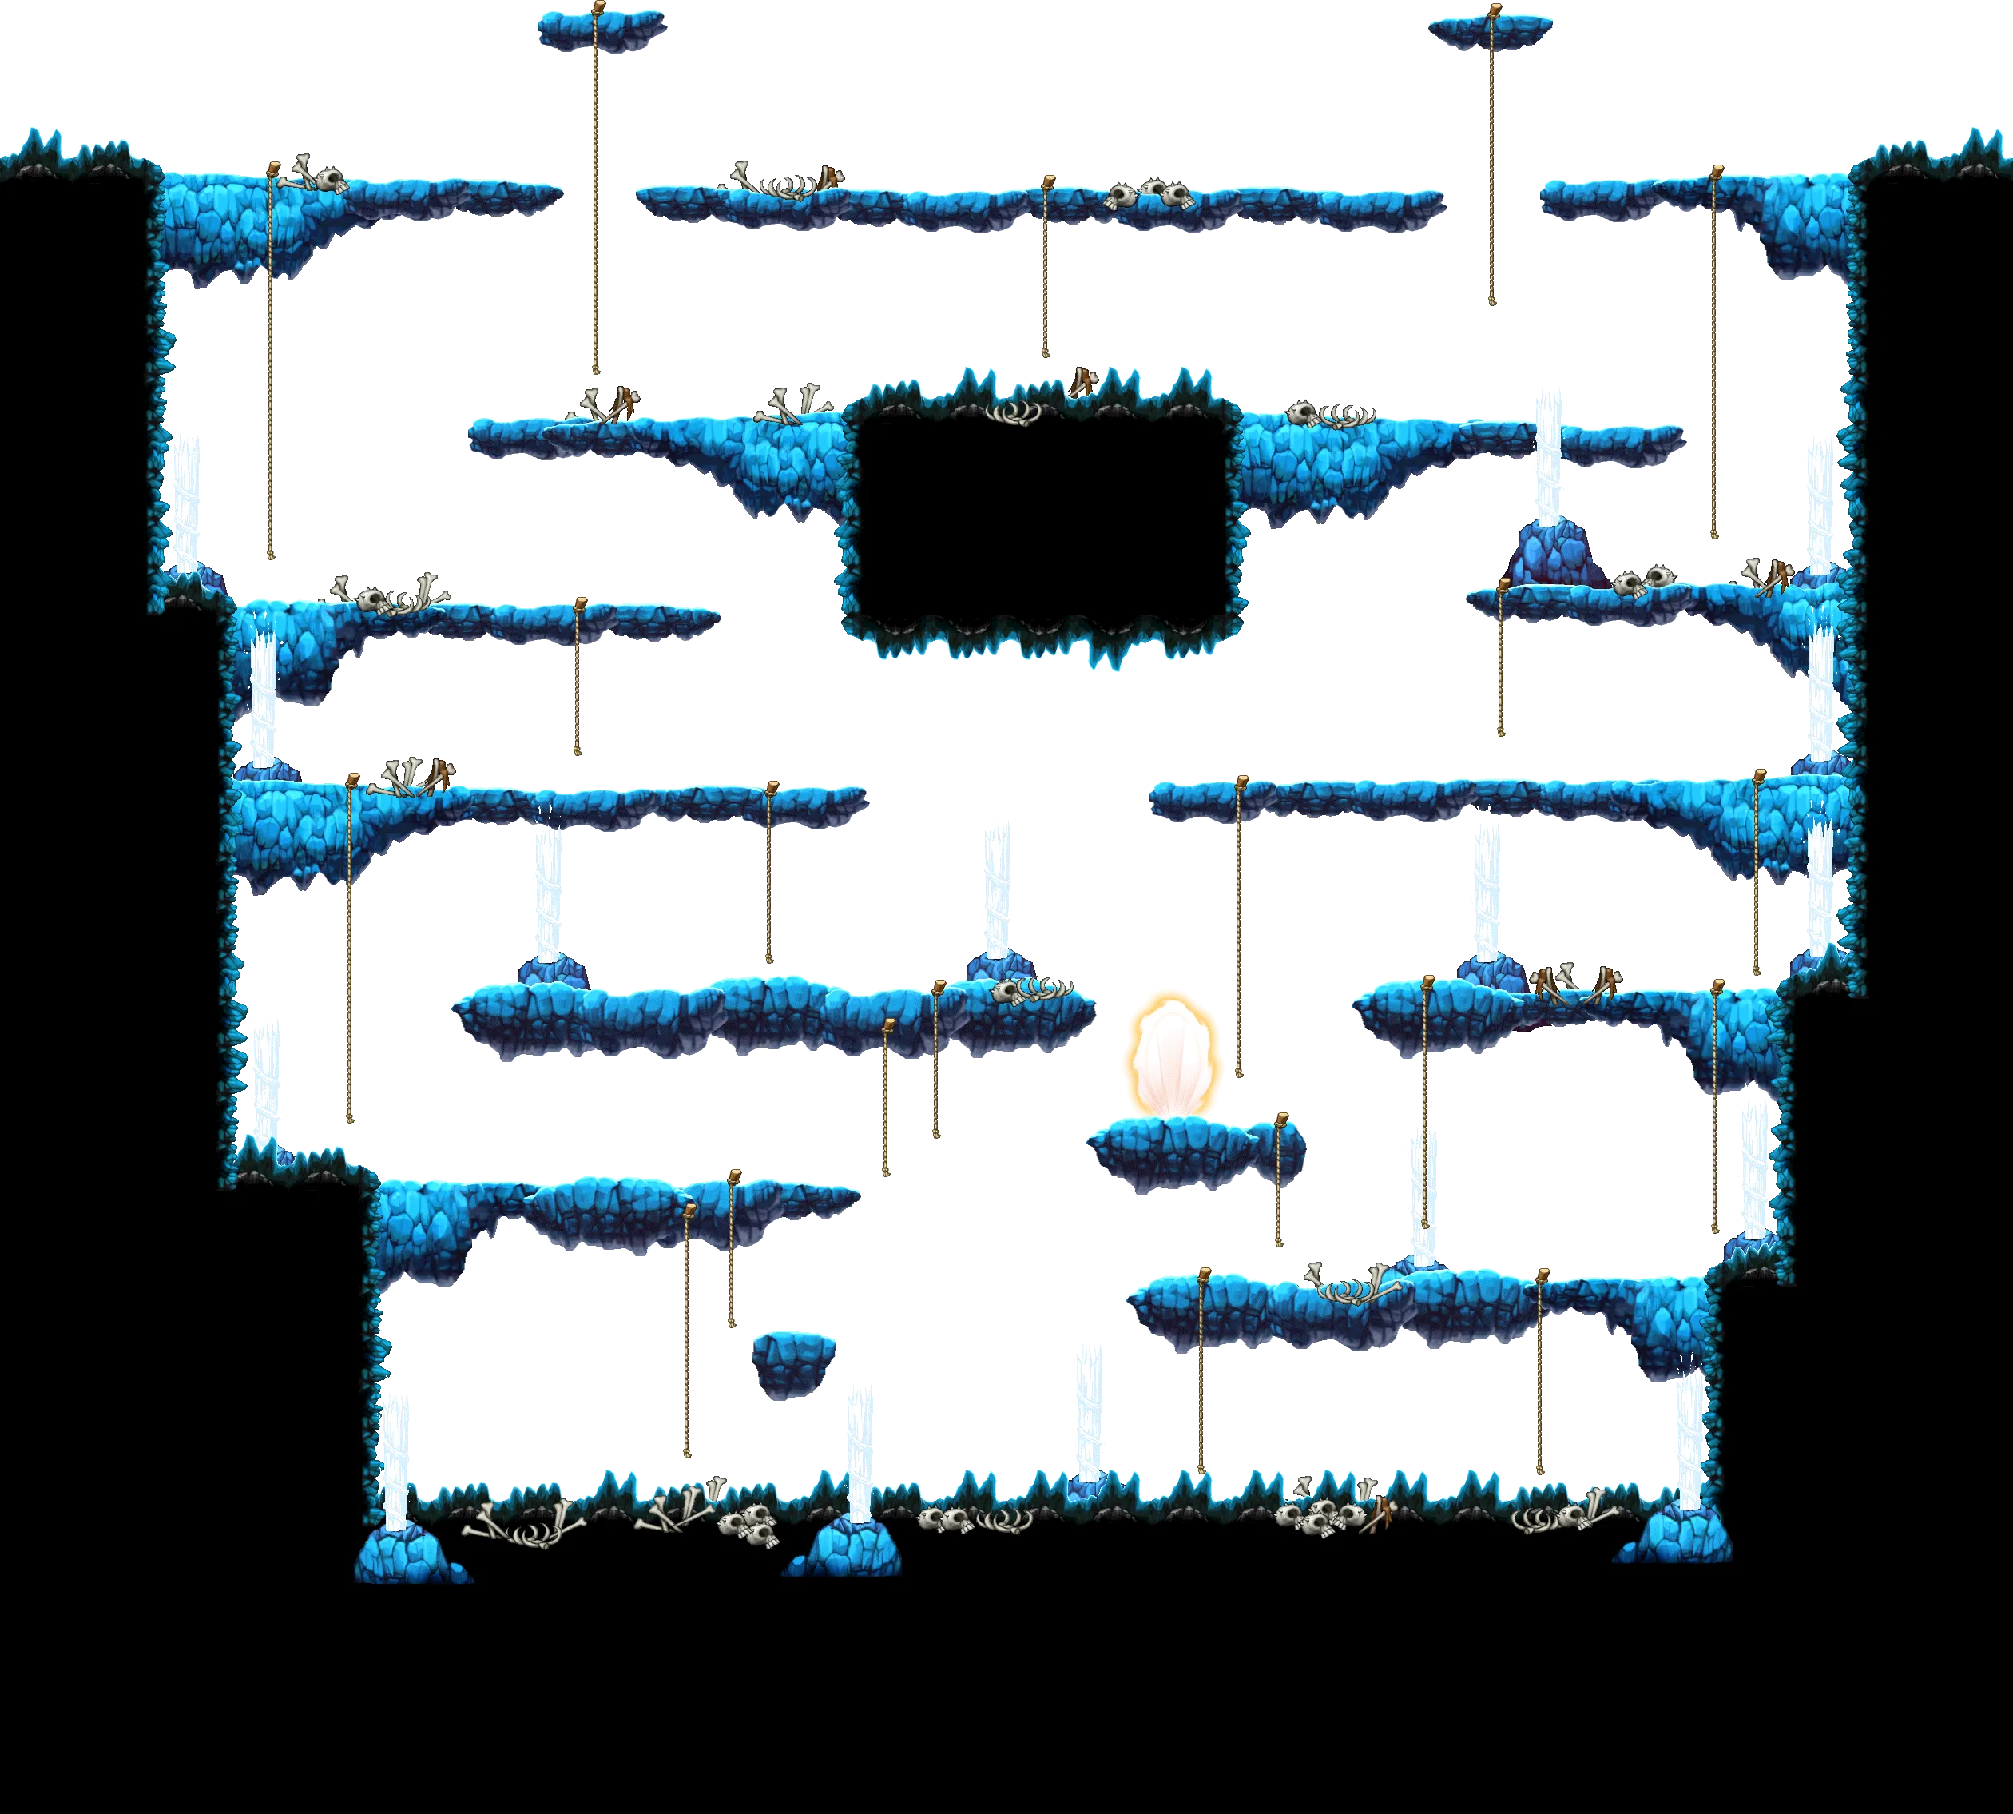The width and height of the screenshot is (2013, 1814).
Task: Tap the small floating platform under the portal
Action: pos(1176,1152)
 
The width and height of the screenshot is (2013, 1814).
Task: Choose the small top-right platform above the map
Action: pos(1490,30)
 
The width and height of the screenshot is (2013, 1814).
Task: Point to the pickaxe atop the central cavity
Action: pos(1084,382)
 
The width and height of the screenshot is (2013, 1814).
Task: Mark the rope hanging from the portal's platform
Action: pos(1280,1186)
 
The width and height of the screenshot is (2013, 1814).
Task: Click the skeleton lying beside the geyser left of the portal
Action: pos(1032,990)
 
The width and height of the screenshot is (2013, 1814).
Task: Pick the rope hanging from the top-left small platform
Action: pos(596,199)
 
